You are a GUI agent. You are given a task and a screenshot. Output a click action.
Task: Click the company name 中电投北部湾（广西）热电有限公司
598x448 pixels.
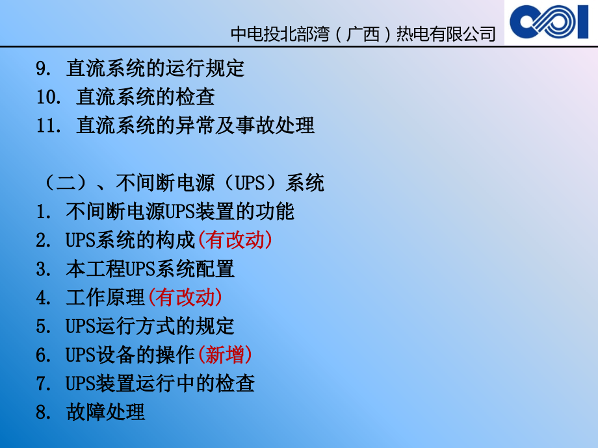pyautogui.click(x=363, y=34)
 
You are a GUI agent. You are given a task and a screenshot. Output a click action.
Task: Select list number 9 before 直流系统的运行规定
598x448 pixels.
pyautogui.click(x=43, y=69)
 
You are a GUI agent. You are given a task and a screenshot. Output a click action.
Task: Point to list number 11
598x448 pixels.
pyautogui.click(x=48, y=126)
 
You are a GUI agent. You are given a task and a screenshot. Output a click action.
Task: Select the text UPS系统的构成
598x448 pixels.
pyautogui.click(x=130, y=240)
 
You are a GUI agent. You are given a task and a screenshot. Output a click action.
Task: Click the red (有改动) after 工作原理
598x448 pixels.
pyautogui.click(x=185, y=297)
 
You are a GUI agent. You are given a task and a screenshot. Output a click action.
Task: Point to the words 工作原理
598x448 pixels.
pyautogui.click(x=105, y=297)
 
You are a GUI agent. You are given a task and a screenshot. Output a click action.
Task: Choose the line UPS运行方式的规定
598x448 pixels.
pyautogui.click(x=149, y=326)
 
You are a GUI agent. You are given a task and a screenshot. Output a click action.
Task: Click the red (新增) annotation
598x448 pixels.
pyautogui.click(x=224, y=355)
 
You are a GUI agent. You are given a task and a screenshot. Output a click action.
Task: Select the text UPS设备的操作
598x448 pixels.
pyautogui.click(x=130, y=355)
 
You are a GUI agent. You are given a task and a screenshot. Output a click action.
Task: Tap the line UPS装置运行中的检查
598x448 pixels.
pyautogui.click(x=160, y=383)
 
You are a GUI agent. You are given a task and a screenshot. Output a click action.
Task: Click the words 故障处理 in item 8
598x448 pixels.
pyautogui.click(x=105, y=412)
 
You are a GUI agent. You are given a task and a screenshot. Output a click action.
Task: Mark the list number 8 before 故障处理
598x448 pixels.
pyautogui.click(x=43, y=412)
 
